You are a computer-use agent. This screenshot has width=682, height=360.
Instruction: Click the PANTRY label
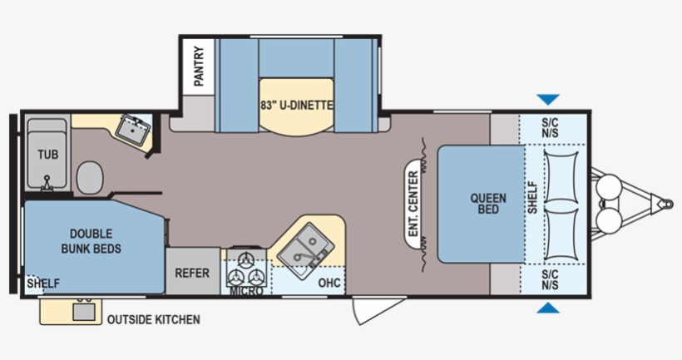[199, 66]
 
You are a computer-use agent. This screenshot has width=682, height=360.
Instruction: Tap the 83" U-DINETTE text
[297, 106]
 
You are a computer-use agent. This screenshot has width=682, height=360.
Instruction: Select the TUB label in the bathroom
[48, 155]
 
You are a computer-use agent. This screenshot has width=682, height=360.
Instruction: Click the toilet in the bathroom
[90, 177]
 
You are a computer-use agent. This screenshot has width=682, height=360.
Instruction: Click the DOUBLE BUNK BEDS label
[91, 241]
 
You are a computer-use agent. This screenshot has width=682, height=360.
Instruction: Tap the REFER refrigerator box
[193, 271]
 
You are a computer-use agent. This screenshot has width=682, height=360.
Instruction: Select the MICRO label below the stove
[247, 290]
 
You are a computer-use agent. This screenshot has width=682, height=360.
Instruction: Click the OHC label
[329, 283]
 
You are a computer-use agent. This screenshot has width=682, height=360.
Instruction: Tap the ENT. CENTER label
[413, 204]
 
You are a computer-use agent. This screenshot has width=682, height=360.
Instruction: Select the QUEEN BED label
[488, 204]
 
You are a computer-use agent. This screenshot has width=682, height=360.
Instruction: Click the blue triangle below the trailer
[548, 308]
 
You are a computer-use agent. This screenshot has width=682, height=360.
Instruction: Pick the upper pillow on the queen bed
[561, 176]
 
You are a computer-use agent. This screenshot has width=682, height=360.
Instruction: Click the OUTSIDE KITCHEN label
[154, 319]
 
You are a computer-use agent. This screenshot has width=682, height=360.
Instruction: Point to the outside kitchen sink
[83, 312]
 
